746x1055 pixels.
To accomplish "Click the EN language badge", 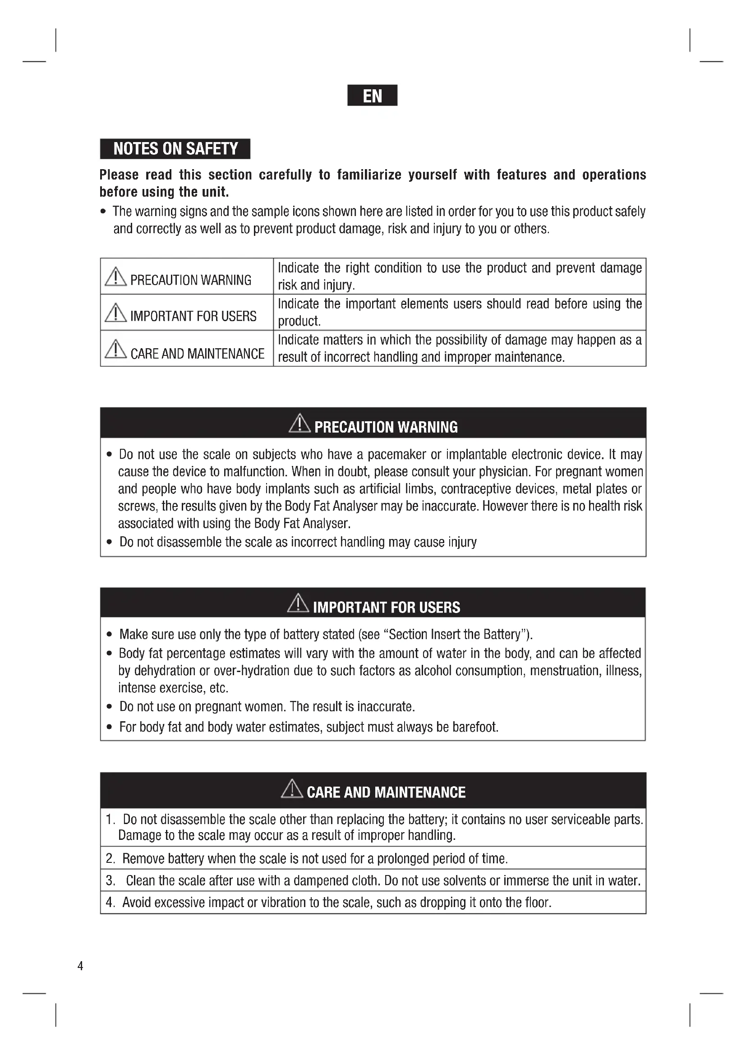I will click(x=372, y=96).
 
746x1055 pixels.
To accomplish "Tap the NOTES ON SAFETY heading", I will click(x=175, y=149).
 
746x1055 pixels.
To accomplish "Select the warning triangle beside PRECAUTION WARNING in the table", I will click(x=115, y=276).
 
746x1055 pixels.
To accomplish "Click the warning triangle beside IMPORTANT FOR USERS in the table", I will click(x=115, y=313).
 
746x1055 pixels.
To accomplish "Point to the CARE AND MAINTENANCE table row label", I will click(x=197, y=354).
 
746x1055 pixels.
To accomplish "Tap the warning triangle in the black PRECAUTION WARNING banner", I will click(x=299, y=424).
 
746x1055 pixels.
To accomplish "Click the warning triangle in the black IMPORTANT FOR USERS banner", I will click(x=298, y=604).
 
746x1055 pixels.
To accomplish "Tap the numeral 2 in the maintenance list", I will click(x=110, y=858).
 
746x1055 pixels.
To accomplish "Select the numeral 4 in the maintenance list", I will click(x=110, y=903).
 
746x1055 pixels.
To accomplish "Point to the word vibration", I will click(x=283, y=903).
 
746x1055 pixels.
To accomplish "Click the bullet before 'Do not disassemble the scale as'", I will click(x=109, y=542).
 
